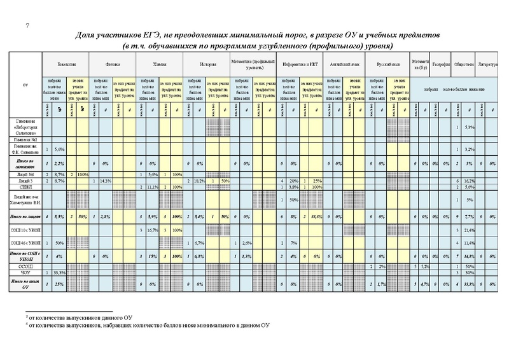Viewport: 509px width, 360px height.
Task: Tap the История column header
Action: coord(206,65)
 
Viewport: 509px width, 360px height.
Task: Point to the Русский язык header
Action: coord(389,65)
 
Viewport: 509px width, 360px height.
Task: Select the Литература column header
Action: coord(488,65)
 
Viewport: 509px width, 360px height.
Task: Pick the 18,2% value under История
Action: coord(199,181)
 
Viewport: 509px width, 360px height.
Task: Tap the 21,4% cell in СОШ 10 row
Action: coord(470,230)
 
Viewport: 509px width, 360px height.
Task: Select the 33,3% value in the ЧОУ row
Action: coord(61,272)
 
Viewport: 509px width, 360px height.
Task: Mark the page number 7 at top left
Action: coord(27,25)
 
